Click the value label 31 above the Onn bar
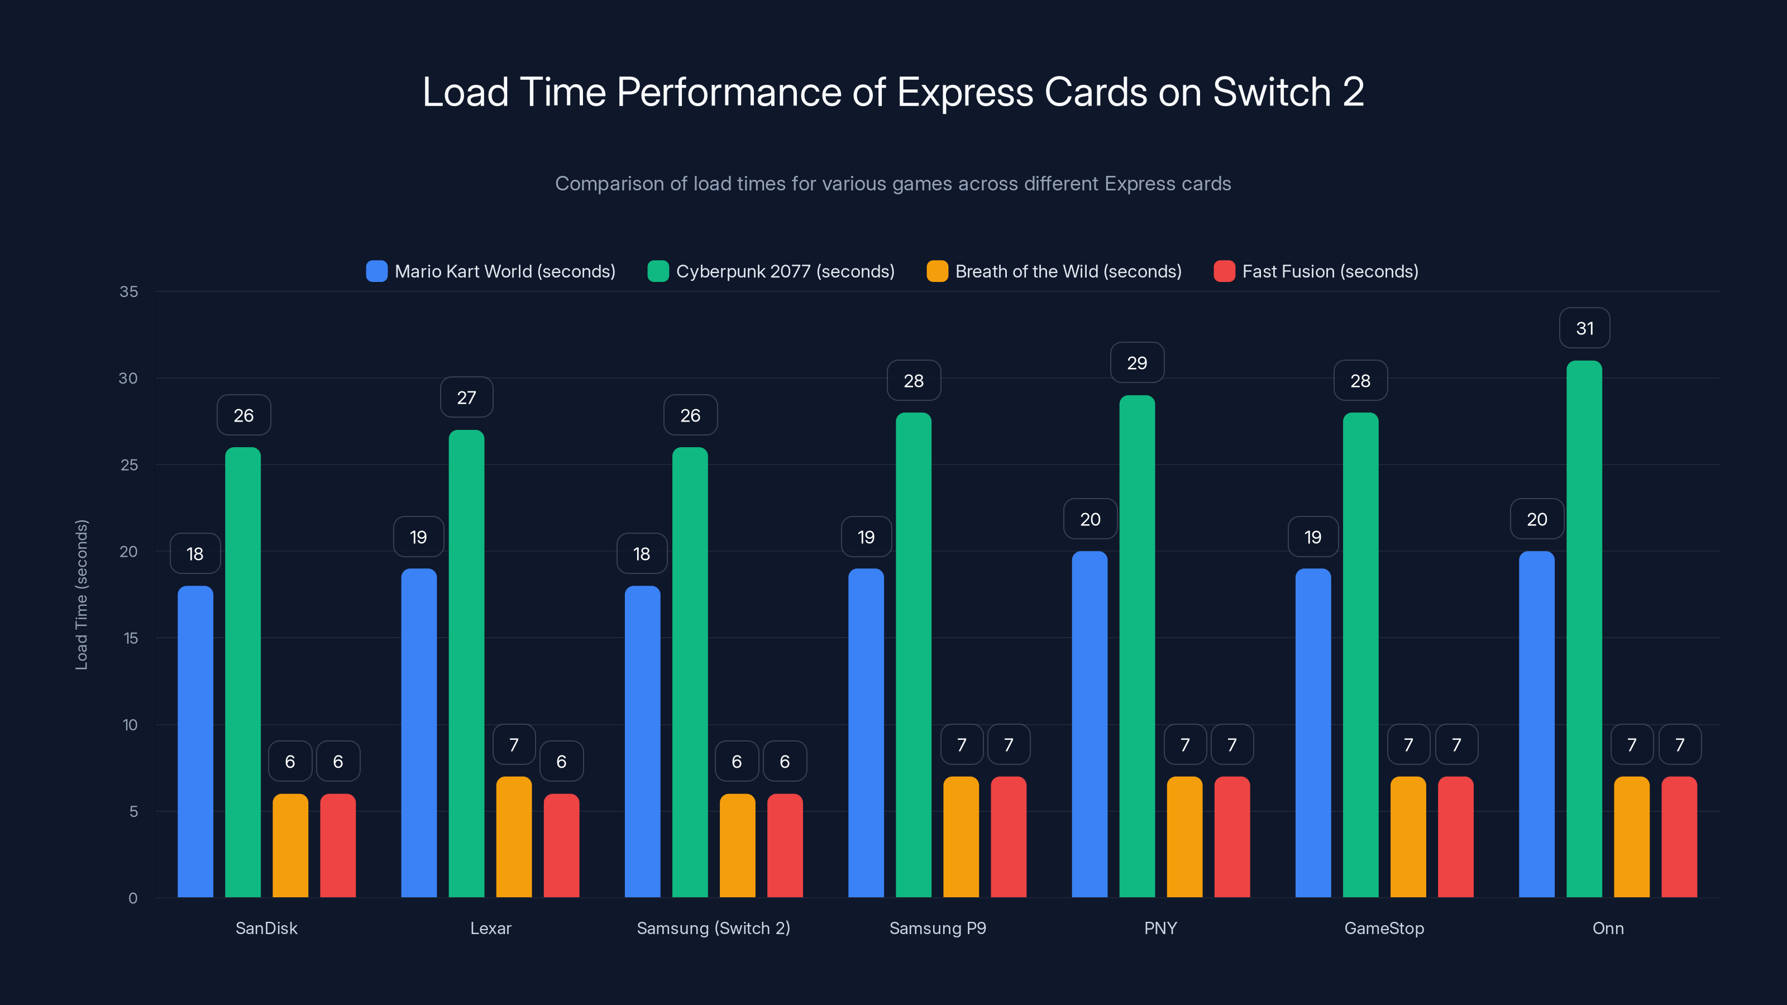click(1584, 328)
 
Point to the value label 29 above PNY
click(1137, 363)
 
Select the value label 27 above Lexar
click(466, 398)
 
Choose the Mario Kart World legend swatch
click(377, 271)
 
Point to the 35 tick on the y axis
click(129, 291)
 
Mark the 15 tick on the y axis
click(131, 638)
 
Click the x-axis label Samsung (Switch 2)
click(713, 928)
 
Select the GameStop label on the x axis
click(1384, 928)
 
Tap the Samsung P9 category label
click(937, 928)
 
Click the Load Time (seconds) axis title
click(81, 595)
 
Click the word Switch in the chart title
click(1271, 92)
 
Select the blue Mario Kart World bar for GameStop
click(1312, 733)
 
